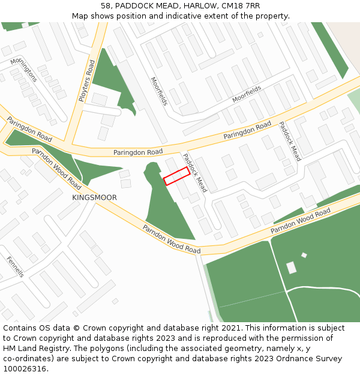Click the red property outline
coord(176,176)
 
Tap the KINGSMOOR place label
coord(94,197)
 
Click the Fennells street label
coord(15,266)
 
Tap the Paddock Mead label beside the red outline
coord(195,173)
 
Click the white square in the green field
coord(291,268)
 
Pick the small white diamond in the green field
coord(304,255)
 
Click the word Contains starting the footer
coord(20,328)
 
